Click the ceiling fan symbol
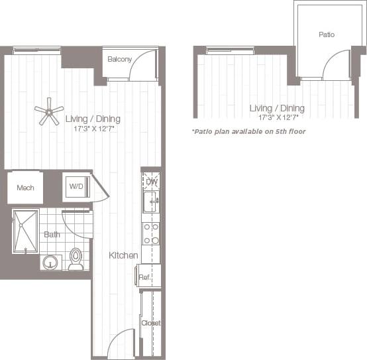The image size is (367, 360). point(49,111)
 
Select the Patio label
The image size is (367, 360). point(326,34)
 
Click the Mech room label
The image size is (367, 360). point(25,188)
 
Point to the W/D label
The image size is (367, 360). point(76,187)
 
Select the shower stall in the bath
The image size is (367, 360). point(26,230)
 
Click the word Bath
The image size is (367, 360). point(52,234)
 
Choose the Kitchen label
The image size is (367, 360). point(124,255)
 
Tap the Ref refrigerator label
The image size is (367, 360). point(144,277)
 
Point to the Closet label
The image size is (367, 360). point(151,323)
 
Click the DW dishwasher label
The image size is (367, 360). point(152,181)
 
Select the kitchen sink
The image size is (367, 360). point(150,201)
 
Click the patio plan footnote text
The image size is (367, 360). point(248,131)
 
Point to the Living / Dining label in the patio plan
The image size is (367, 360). point(277,108)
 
